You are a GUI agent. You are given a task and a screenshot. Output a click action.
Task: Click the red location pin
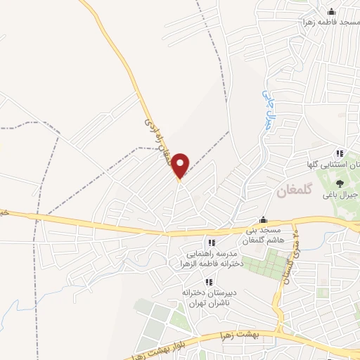[x=181, y=165]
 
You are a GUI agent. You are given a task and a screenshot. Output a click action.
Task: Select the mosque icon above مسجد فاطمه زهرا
[x=332, y=11]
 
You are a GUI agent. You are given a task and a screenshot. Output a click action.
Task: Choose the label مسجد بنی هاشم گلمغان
[x=262, y=236]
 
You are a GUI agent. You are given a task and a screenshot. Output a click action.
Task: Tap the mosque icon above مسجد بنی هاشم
[x=263, y=219]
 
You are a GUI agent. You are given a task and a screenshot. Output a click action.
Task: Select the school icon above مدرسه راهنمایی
[x=212, y=243]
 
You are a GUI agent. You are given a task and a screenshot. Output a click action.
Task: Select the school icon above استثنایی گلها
[x=339, y=153]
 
